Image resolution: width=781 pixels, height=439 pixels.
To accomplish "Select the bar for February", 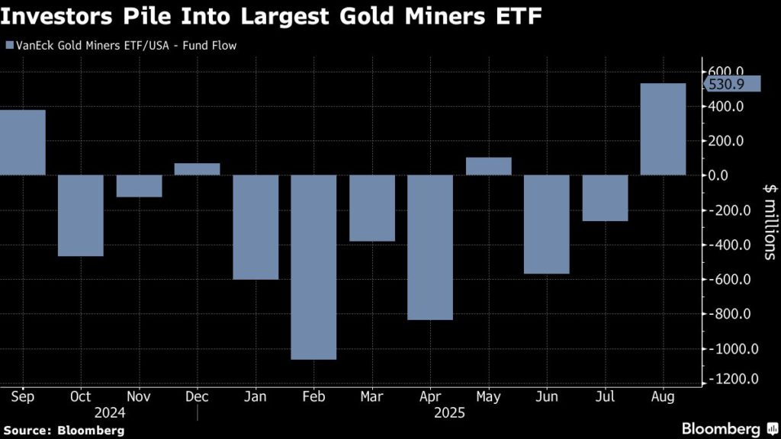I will coord(313,267).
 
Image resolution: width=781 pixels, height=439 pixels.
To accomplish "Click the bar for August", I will coord(662,129).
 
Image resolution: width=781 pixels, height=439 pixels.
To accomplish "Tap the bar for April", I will coord(429,247).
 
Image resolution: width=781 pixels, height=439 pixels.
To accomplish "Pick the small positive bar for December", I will coord(197,169).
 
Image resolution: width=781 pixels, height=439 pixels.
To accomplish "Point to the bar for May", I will coord(488,166).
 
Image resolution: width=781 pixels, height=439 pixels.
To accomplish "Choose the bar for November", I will coord(139,186).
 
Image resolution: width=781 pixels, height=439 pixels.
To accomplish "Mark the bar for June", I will coord(546,224).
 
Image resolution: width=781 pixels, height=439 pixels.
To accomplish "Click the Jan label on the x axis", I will coord(256,396).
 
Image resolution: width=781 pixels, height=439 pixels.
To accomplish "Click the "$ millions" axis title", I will coord(768,221).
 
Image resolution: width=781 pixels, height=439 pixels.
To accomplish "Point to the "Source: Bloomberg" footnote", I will coord(63,431).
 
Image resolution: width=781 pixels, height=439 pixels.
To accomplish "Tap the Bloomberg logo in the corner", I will coord(729,428).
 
